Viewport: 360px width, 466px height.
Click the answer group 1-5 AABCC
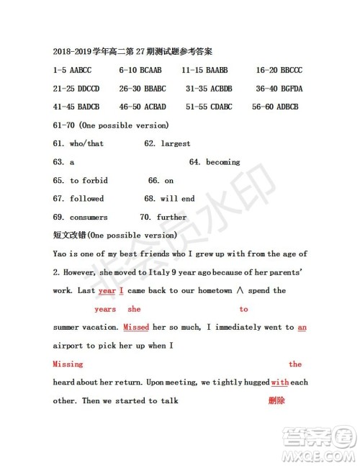pos(72,71)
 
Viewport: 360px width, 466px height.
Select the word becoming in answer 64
pos(223,162)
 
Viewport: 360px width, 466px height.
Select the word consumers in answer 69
pos(89,217)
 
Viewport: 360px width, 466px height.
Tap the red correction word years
pos(105,309)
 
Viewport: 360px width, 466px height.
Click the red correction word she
pos(134,309)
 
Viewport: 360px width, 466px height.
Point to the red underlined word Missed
pos(136,327)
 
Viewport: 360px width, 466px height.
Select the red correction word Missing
pos(68,364)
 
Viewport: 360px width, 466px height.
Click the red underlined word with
pos(279,382)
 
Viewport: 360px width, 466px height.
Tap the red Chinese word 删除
pos(276,400)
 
